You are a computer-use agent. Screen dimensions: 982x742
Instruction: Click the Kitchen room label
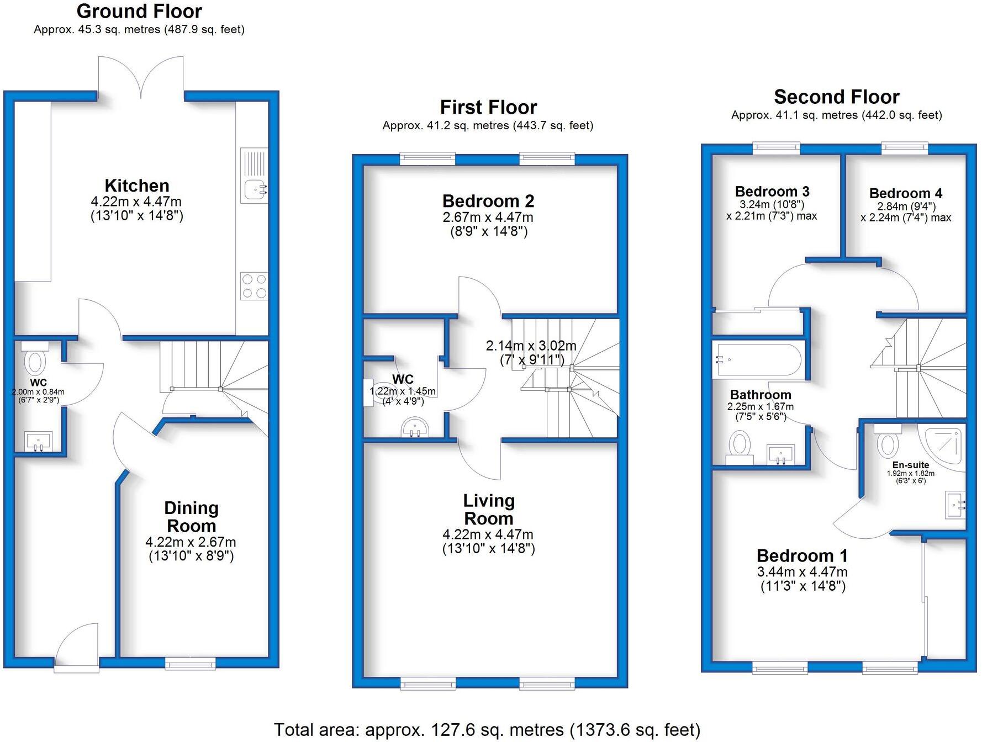[x=137, y=185]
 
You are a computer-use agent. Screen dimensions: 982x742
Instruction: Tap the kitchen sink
[x=255, y=189]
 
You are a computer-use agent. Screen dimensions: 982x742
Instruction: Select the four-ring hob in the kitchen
[x=254, y=287]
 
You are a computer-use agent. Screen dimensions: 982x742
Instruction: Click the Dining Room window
[x=191, y=663]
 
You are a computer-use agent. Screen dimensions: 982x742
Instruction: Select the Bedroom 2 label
[x=488, y=201]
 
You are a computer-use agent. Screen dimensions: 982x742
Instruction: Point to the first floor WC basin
[x=415, y=428]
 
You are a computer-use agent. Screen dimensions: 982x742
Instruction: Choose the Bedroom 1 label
[x=802, y=555]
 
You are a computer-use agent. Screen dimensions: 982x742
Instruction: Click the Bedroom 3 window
[x=776, y=147]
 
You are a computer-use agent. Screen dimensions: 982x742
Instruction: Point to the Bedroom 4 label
[x=905, y=193]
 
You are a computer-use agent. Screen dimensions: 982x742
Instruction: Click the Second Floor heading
[x=836, y=97]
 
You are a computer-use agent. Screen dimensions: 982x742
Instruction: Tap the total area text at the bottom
[x=487, y=729]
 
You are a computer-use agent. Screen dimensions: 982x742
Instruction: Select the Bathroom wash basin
[x=780, y=454]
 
